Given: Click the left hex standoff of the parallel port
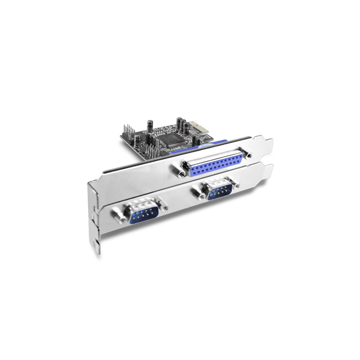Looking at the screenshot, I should (179, 173).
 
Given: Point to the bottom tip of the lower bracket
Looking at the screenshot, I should (97, 249).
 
